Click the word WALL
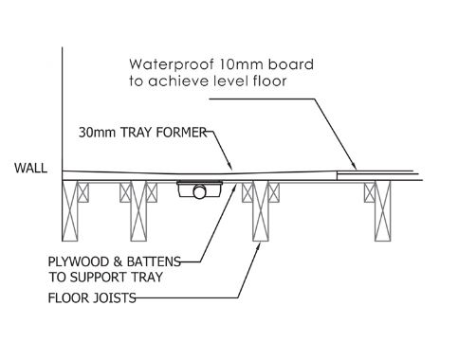click(30, 168)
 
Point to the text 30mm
click(97, 133)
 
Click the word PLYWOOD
click(78, 261)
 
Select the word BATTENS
click(154, 261)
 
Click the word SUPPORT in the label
click(97, 278)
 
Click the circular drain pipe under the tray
click(199, 192)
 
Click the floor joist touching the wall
click(70, 211)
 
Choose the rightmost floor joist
click(382, 211)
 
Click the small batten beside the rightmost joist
click(369, 192)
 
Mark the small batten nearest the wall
click(83, 192)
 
